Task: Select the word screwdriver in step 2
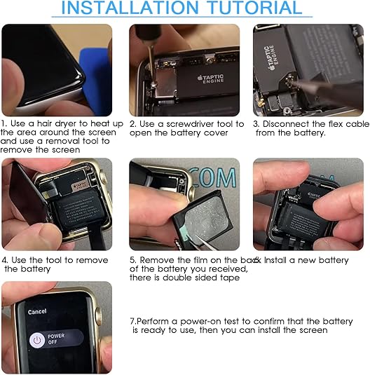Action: pyautogui.click(x=186, y=124)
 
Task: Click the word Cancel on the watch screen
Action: pyautogui.click(x=37, y=311)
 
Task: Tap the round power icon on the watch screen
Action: pyautogui.click(x=35, y=339)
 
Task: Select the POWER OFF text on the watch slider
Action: pyautogui.click(x=57, y=339)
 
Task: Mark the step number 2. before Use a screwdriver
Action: pyautogui.click(x=132, y=124)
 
